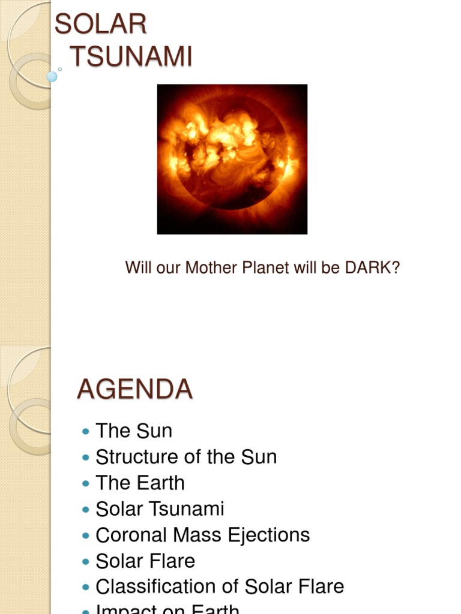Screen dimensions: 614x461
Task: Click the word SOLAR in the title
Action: pyautogui.click(x=100, y=25)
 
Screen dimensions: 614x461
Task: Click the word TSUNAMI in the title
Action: pyautogui.click(x=131, y=57)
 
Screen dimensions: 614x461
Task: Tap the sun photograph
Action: pyautogui.click(x=232, y=159)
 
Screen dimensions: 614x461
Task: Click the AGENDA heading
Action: pyautogui.click(x=134, y=390)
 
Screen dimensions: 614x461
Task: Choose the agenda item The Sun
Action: pyautogui.click(x=134, y=431)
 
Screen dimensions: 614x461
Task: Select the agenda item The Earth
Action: pyautogui.click(x=140, y=483)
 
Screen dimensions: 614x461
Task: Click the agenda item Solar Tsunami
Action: pyautogui.click(x=160, y=509)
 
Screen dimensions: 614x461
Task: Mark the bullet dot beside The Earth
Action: pyautogui.click(x=85, y=483)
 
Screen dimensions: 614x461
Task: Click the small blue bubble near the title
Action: pyautogui.click(x=52, y=76)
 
